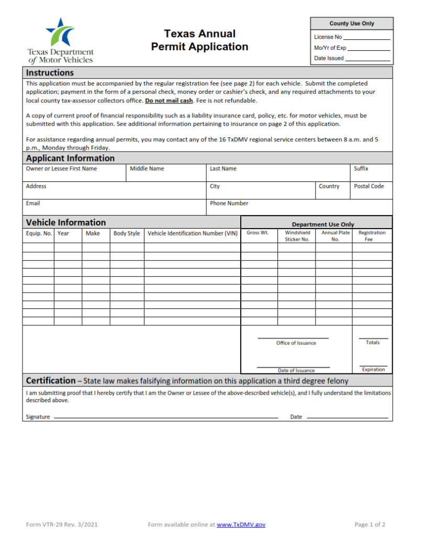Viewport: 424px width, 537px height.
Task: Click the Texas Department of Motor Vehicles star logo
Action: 61,33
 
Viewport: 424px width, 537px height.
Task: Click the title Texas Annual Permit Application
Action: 199,40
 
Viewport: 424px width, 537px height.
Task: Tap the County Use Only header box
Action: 352,24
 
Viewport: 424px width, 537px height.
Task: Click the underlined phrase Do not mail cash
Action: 169,101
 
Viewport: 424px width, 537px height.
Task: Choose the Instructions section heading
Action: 50,73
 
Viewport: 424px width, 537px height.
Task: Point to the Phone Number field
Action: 299,208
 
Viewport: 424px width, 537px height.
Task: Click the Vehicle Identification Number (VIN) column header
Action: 192,233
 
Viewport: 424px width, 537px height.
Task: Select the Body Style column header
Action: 127,233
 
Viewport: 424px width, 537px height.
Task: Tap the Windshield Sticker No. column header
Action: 297,236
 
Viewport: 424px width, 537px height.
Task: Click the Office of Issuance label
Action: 296,343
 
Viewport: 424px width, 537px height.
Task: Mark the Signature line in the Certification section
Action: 165,417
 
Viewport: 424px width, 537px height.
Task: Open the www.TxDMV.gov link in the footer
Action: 241,524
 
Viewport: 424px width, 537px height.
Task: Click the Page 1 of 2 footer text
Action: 370,524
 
